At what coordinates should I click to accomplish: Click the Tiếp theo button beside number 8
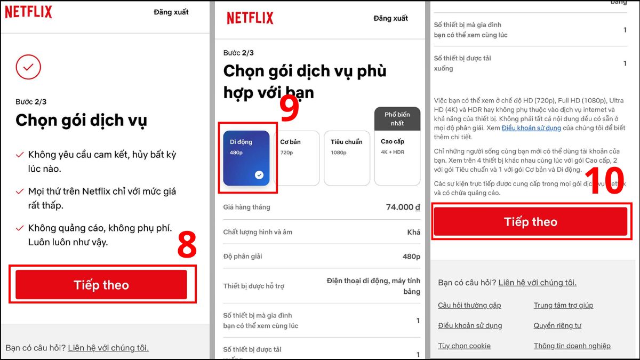[x=101, y=285]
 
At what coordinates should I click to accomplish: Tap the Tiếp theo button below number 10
[x=530, y=222]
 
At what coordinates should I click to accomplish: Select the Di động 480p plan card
[x=246, y=158]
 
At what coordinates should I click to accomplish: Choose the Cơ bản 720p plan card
[x=297, y=158]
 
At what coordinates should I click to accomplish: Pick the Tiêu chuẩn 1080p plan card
[x=347, y=158]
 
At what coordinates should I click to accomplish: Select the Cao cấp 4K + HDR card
[x=397, y=158]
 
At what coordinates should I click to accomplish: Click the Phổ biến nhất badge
[x=397, y=119]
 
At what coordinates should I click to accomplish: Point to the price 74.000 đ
[x=403, y=207]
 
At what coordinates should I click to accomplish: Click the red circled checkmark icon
[x=28, y=67]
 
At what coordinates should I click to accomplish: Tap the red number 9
[x=289, y=109]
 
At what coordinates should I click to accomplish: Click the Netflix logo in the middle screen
[x=250, y=18]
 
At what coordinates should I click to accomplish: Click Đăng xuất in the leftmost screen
[x=171, y=12]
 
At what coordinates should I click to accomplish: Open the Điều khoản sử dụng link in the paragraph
[x=531, y=128]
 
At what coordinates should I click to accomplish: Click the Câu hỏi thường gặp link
[x=469, y=305]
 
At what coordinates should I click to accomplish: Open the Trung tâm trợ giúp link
[x=563, y=305]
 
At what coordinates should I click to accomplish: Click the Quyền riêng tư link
[x=557, y=325]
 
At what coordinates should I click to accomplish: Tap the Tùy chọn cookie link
[x=464, y=346]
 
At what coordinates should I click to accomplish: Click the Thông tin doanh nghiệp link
[x=572, y=346]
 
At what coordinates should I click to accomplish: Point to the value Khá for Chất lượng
[x=413, y=232]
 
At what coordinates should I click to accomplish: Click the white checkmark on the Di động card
[x=259, y=174]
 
